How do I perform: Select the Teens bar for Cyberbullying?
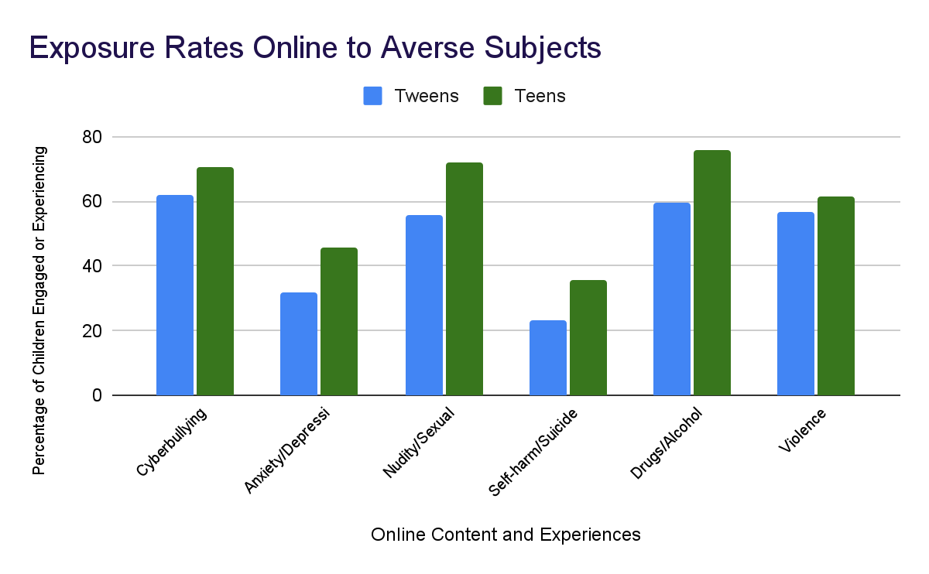[215, 282]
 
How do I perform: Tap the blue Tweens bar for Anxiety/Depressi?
[299, 344]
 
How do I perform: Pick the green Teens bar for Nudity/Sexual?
[464, 279]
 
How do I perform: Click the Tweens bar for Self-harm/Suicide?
[548, 358]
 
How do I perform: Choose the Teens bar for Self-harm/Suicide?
[588, 338]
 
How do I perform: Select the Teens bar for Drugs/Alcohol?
[712, 273]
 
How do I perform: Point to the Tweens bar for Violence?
[796, 304]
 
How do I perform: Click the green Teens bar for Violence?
[836, 296]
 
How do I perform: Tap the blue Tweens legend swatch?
[373, 96]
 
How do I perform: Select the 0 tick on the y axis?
[97, 395]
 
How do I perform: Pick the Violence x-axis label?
[802, 431]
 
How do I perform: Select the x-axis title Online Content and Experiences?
[506, 535]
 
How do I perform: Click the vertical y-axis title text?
[39, 309]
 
